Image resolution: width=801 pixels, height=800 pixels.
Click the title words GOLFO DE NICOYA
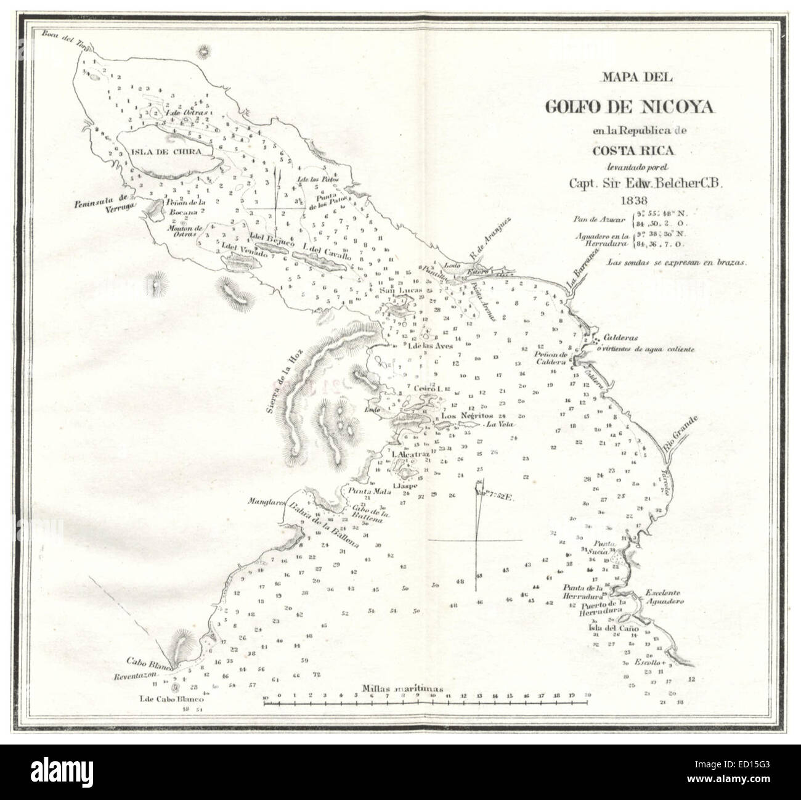click(x=630, y=107)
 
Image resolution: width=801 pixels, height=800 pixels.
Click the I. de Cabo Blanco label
click(x=162, y=700)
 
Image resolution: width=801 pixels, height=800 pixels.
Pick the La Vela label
click(x=500, y=425)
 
